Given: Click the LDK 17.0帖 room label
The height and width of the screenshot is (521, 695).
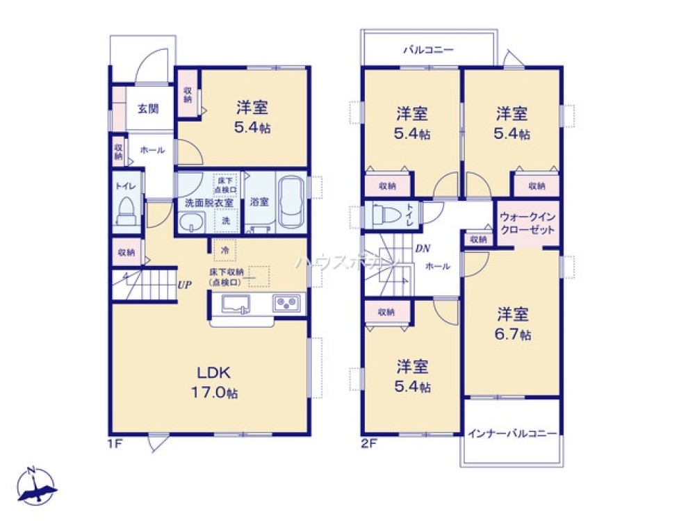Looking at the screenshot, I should point(214,381).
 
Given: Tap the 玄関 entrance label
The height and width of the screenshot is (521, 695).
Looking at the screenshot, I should point(147,108).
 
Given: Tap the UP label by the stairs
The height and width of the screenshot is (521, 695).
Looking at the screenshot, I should point(184,284).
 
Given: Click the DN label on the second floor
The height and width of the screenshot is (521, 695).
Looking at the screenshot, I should point(422,248).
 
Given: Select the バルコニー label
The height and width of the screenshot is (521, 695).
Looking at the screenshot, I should point(429,50).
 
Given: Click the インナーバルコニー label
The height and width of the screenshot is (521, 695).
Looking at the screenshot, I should point(512,433).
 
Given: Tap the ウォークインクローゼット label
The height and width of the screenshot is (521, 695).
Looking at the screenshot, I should point(527,223).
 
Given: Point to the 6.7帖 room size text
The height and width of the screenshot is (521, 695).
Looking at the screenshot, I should point(514,335).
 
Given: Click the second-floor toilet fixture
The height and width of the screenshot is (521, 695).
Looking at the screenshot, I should point(382,215).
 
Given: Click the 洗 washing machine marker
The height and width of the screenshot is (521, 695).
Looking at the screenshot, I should point(225,220).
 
